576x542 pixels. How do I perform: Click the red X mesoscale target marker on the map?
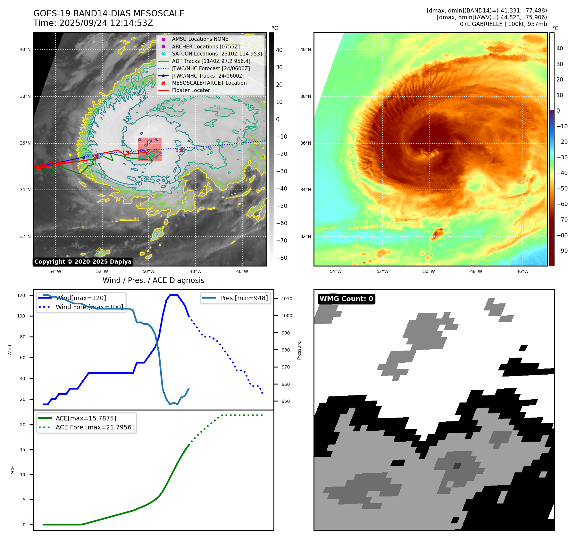click(181, 150)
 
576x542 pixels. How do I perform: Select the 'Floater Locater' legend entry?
click(191, 90)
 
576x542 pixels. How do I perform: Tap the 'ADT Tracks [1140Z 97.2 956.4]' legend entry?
click(211, 61)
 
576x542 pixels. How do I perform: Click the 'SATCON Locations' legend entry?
click(217, 54)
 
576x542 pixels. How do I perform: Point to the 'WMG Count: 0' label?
click(346, 299)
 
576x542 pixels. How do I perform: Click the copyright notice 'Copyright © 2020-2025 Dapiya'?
click(83, 262)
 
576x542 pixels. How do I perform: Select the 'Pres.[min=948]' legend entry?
click(244, 298)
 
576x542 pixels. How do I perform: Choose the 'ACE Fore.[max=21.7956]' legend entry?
click(95, 427)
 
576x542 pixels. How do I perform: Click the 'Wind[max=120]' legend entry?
click(81, 298)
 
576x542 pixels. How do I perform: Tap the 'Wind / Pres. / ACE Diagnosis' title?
click(153, 280)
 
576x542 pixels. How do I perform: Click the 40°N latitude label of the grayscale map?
click(25, 50)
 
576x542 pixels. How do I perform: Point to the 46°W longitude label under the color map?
click(522, 271)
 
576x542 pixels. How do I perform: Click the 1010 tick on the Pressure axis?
click(287, 299)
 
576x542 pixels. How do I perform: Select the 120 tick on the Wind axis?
click(21, 295)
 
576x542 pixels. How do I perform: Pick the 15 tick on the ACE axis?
click(22, 450)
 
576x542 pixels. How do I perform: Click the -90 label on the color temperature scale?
click(562, 251)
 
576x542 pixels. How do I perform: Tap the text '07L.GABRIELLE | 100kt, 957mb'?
click(503, 24)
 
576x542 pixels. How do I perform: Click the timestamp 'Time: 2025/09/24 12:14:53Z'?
click(93, 23)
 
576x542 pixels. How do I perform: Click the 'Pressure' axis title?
click(299, 350)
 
